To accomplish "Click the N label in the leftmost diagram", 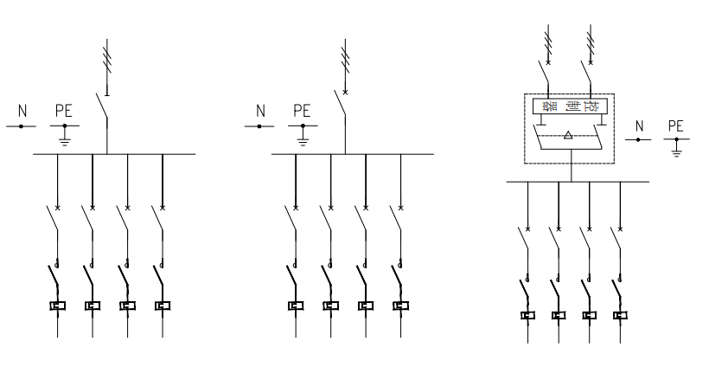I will pyautogui.click(x=22, y=111).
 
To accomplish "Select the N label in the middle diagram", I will pyautogui.click(x=259, y=111).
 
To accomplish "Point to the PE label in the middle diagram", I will pyautogui.click(x=302, y=111).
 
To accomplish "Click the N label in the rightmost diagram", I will pyautogui.click(x=640, y=126).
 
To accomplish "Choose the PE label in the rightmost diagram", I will pyautogui.click(x=676, y=126).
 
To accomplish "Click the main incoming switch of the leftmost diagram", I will pyautogui.click(x=103, y=108).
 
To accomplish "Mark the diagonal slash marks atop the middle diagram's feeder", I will pyautogui.click(x=346, y=59).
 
